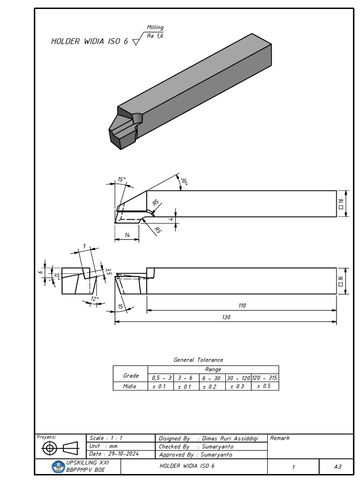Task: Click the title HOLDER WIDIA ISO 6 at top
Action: point(89,42)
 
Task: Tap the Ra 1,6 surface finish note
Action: point(155,36)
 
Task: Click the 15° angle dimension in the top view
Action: point(122,180)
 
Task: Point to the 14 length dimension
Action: point(127,234)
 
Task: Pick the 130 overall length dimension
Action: point(226,317)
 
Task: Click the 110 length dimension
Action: point(242,306)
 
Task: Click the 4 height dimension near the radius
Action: point(171,219)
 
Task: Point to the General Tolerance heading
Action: point(198,360)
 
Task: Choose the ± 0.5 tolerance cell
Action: point(264,386)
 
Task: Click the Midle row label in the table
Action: point(130,386)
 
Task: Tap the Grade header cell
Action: point(131,375)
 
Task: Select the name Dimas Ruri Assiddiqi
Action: point(231,438)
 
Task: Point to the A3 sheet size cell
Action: point(337,466)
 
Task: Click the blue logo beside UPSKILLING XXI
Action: point(58,466)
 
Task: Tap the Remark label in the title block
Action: point(280,438)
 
